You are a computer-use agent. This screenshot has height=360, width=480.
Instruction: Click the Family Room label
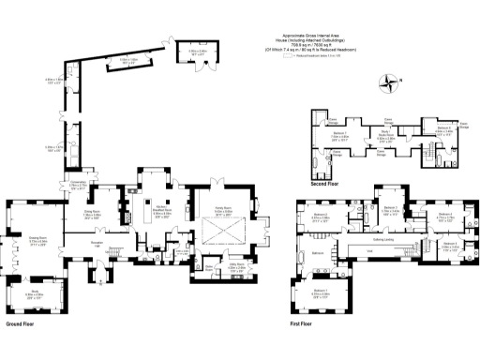223,211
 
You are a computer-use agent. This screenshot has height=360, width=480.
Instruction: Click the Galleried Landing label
383,238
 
